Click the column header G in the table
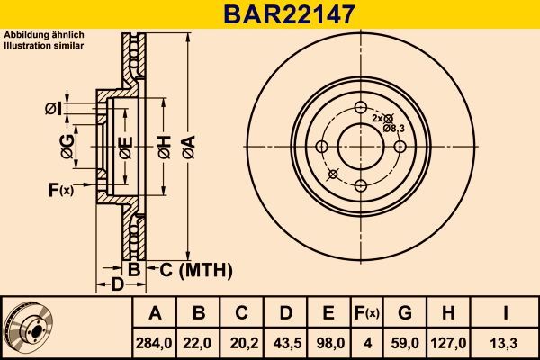404,313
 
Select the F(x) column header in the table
367,313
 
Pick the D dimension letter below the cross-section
116,285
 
